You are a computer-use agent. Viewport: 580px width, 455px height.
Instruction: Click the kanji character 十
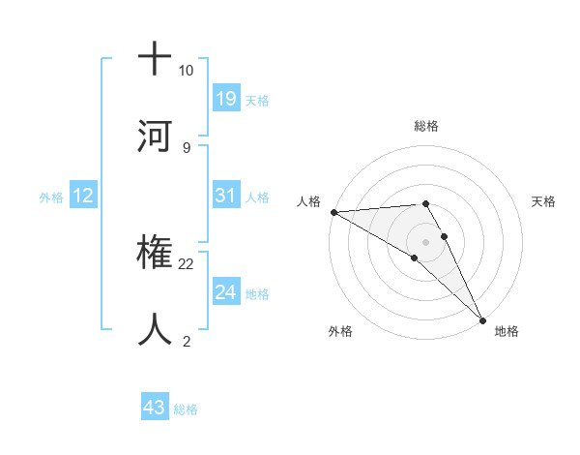[x=155, y=59]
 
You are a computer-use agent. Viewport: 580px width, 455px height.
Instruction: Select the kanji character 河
[x=155, y=136]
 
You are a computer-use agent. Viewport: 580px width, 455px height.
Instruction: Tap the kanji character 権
[x=155, y=254]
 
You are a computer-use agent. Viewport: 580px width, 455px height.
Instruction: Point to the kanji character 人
[x=155, y=329]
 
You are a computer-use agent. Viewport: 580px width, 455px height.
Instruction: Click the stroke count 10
[x=186, y=71]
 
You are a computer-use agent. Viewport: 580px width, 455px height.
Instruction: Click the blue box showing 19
[x=225, y=98]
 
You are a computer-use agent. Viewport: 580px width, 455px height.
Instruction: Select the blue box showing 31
[x=225, y=196]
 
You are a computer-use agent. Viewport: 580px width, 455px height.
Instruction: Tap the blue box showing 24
[x=225, y=292]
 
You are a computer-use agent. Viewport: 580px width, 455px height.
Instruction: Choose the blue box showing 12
[x=83, y=196]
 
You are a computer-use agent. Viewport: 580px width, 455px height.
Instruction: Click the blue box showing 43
[x=155, y=408]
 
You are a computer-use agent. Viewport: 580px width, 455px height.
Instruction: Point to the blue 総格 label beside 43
[x=187, y=409]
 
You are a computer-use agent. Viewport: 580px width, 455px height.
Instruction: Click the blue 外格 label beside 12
[x=51, y=197]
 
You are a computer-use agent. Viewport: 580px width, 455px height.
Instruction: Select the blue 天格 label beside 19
[x=257, y=100]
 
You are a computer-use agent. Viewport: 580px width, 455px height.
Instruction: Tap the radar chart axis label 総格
[x=426, y=126]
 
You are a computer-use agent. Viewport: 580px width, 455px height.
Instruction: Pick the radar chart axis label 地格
[x=507, y=331]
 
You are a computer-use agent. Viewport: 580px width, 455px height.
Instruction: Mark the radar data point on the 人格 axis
[x=333, y=212]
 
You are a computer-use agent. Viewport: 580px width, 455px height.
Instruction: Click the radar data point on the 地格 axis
[x=482, y=318]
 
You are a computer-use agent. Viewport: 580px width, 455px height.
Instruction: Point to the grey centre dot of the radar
[x=426, y=241]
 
